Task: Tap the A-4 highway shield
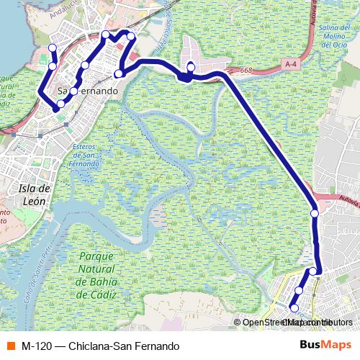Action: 291,65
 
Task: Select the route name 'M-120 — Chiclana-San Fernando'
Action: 100,346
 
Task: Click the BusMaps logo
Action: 325,345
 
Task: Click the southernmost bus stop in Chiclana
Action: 294,308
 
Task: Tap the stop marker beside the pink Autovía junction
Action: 315,213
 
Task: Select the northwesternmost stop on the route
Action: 52,48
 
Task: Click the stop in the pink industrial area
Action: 191,67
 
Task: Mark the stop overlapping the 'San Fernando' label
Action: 74,91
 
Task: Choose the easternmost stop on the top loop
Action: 131,36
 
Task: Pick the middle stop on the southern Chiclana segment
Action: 299,290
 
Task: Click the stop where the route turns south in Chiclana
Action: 314,271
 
